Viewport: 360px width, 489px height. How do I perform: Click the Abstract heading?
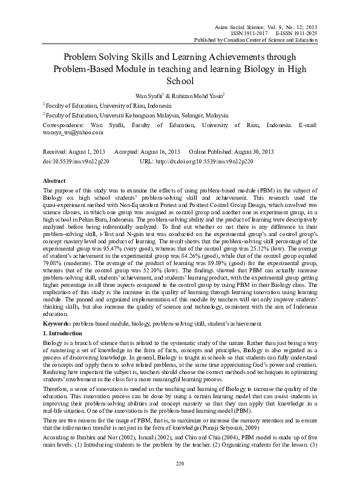tap(54, 180)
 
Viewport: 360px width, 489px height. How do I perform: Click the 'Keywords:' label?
tap(59, 326)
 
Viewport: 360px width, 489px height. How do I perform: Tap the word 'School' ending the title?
tap(180, 80)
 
